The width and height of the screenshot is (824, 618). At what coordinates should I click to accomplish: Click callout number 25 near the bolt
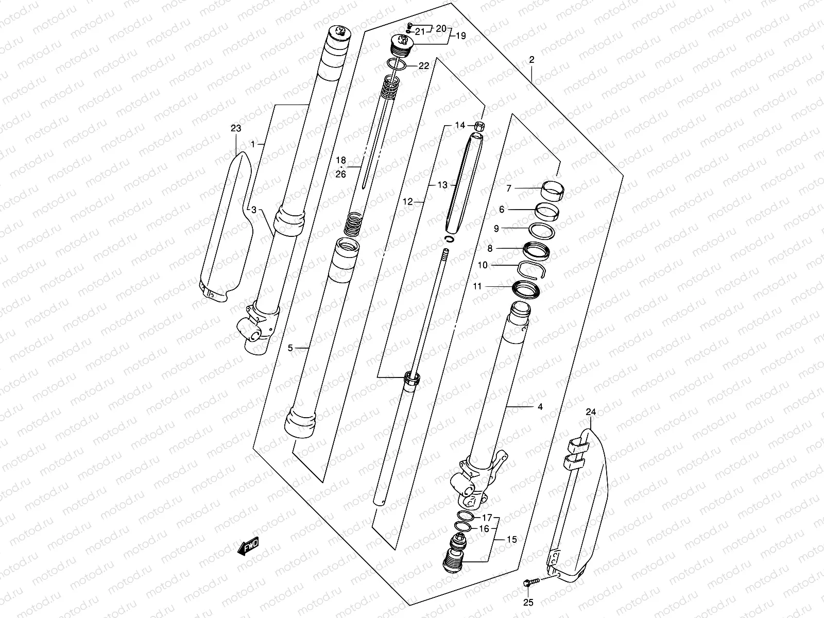529,603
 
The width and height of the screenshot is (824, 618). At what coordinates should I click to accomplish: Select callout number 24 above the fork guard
591,412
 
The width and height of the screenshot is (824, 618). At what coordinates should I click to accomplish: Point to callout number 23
236,129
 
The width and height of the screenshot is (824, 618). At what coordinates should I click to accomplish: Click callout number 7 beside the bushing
509,189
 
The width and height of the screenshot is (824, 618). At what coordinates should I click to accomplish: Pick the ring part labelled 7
552,190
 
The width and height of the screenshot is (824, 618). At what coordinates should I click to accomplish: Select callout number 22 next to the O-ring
423,66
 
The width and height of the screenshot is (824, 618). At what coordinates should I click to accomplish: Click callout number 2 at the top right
531,60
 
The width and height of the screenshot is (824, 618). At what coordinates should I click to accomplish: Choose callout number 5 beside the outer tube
290,349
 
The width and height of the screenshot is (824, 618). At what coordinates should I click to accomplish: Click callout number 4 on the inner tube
540,407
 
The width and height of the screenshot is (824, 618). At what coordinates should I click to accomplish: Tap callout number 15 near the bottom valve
511,540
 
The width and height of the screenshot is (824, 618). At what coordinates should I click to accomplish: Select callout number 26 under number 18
340,174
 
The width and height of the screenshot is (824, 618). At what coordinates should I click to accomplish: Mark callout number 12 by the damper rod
408,202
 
